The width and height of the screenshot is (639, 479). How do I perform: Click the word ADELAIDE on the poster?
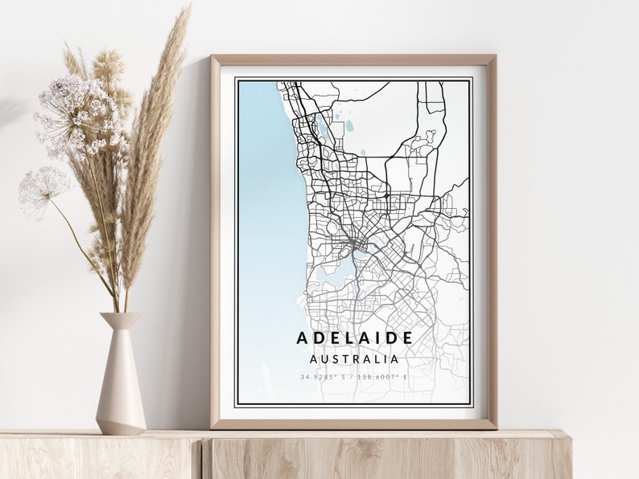click(354, 338)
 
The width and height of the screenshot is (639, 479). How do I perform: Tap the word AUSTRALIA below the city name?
click(354, 358)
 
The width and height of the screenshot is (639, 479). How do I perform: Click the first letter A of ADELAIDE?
click(302, 338)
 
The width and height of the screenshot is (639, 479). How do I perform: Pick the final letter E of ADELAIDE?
click(407, 338)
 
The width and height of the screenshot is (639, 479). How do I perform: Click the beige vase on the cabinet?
click(121, 386)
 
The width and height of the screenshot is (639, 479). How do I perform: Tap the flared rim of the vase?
click(120, 315)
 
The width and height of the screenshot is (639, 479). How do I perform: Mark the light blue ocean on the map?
click(266, 201)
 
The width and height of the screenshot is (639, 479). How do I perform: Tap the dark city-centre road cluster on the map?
click(354, 241)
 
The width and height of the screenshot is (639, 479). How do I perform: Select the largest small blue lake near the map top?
click(349, 126)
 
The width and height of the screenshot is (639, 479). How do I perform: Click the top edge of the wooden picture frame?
click(354, 59)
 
